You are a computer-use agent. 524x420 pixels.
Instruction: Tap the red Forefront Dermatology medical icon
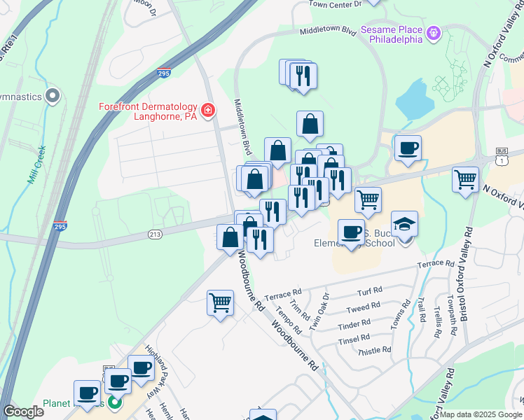(x=207, y=111)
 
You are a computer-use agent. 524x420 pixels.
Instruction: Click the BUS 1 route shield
(x=501, y=155)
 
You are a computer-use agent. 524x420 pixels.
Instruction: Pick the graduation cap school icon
(x=404, y=224)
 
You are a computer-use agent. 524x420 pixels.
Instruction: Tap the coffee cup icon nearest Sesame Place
(x=407, y=148)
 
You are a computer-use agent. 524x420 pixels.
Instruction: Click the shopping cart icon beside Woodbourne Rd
(x=220, y=303)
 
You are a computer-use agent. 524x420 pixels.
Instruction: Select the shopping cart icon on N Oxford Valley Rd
(x=465, y=179)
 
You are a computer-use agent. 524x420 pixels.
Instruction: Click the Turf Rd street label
(x=369, y=290)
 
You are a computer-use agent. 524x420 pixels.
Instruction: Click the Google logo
(x=23, y=412)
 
